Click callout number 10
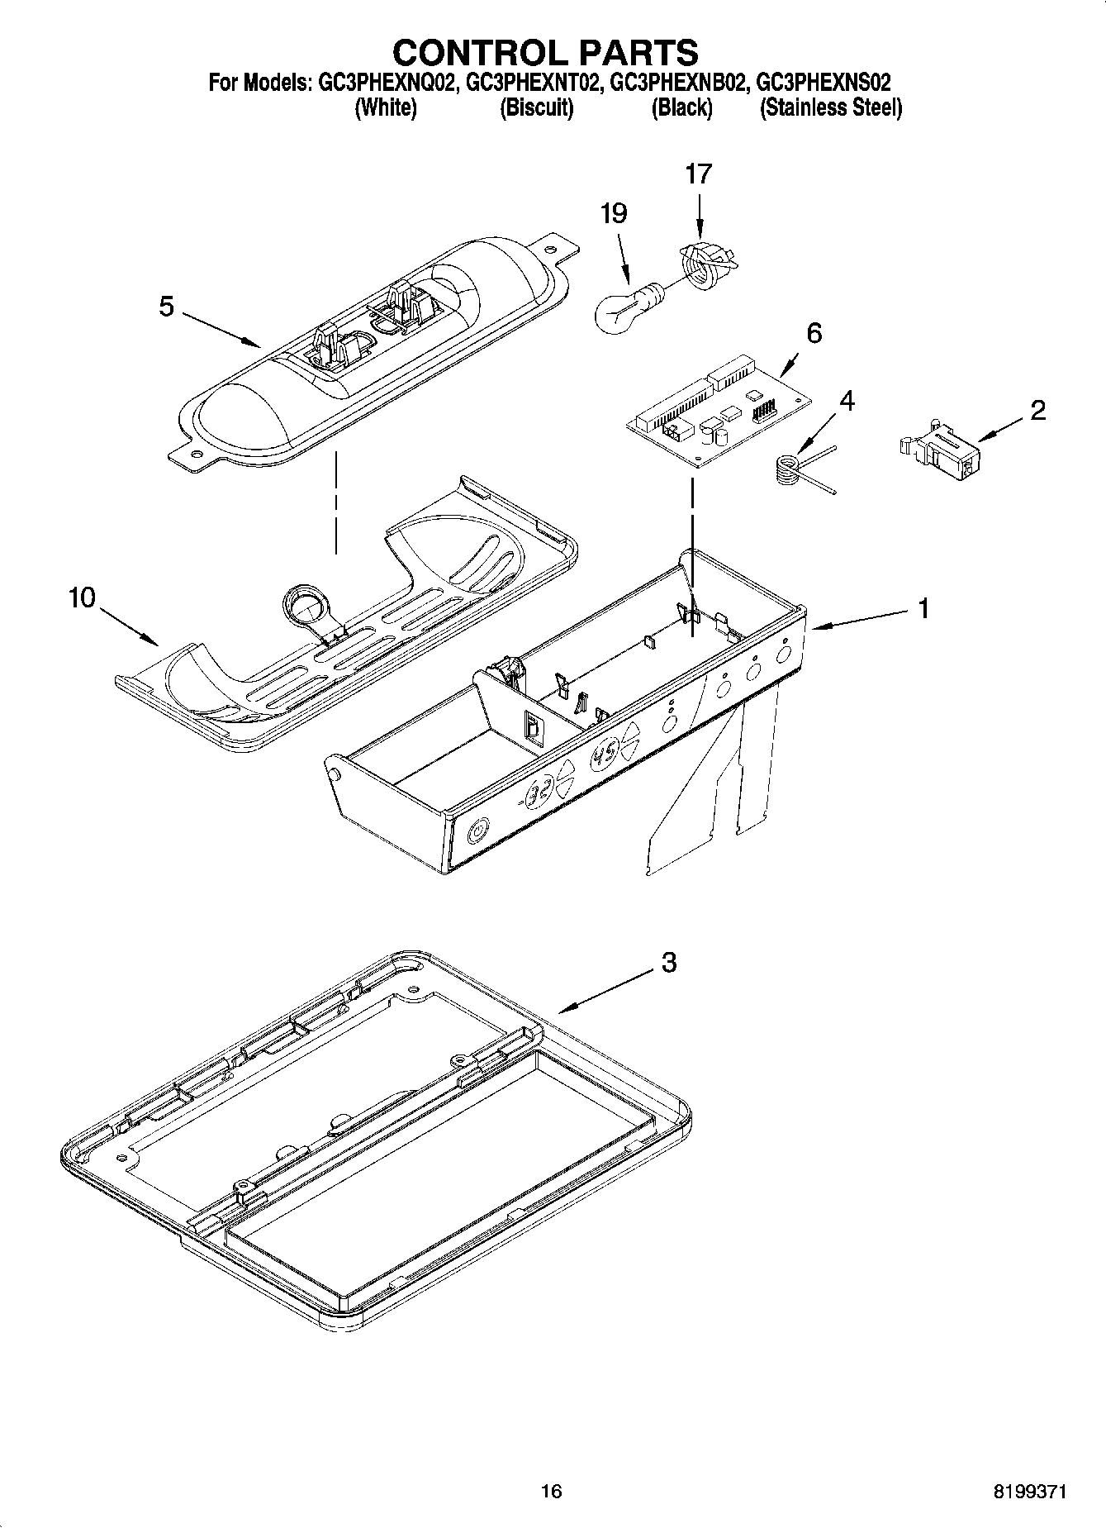(82, 597)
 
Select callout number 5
(167, 307)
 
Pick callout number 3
(668, 962)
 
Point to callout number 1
(923, 608)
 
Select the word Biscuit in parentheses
(537, 108)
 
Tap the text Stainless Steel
(830, 108)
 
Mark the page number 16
(551, 1492)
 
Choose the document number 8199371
(1029, 1492)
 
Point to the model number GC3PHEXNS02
(824, 83)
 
